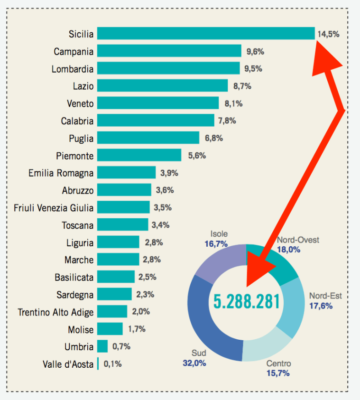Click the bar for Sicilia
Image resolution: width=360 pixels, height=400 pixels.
pos(206,34)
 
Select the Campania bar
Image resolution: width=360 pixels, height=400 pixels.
pos(169,51)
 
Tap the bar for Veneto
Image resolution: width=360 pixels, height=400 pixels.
pos(158,103)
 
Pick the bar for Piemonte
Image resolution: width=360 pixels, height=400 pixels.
pos(139,156)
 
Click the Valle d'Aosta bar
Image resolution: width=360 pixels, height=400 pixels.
pos(98,364)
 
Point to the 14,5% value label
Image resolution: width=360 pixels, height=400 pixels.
pos(329,34)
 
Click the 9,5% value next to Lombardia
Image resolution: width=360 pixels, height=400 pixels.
pos(253,69)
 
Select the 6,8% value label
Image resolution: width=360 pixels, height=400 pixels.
pos(213,138)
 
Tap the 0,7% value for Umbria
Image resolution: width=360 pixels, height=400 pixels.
pos(121,346)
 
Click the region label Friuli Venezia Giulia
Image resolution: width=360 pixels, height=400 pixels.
pos(54,207)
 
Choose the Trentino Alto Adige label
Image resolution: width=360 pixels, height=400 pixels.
pos(55,312)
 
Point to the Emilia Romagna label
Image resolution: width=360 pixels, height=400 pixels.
pos(61,173)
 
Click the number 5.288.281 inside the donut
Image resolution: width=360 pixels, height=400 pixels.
pos(246,301)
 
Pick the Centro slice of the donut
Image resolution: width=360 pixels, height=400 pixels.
pos(266,349)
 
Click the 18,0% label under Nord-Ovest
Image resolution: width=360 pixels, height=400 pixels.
pos(289,249)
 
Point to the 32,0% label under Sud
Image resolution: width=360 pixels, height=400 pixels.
pos(194,363)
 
